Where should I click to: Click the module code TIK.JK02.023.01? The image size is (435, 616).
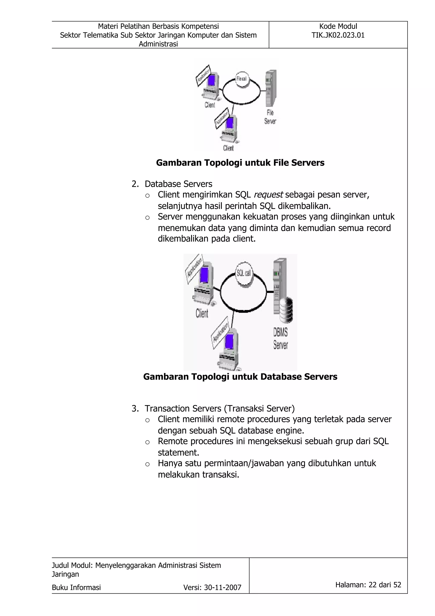click(x=338, y=35)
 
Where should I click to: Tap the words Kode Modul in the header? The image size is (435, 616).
click(x=338, y=26)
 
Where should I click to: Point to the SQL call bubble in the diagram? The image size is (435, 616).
click(x=244, y=273)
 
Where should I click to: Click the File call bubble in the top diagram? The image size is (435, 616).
click(x=242, y=79)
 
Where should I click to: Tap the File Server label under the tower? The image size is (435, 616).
click(x=270, y=117)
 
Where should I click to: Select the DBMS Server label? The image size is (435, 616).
click(x=280, y=339)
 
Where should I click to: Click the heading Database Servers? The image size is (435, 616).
click(x=178, y=184)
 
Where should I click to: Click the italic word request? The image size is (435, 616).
click(x=268, y=194)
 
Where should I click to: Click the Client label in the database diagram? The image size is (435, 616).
click(x=202, y=313)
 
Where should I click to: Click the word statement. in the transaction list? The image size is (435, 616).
click(x=178, y=452)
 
